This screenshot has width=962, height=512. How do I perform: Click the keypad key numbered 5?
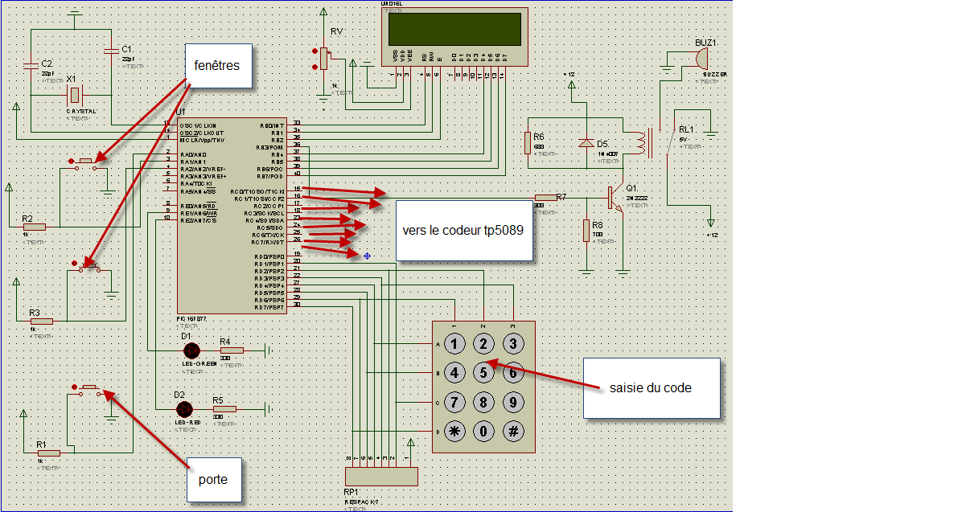tap(483, 373)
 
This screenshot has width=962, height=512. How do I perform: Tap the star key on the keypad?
tap(455, 431)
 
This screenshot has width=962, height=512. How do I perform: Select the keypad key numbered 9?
tap(512, 402)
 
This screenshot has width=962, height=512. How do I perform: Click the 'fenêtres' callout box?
tap(217, 65)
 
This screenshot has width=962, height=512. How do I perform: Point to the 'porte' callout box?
tap(212, 480)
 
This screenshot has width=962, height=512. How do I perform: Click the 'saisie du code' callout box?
tap(652, 388)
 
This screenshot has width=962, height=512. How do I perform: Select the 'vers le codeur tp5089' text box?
tap(464, 230)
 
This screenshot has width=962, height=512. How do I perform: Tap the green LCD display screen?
tap(458, 30)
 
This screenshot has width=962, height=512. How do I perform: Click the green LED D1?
tap(191, 350)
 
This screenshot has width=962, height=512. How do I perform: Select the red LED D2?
tap(183, 408)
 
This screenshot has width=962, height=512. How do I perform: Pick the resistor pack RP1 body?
tap(381, 476)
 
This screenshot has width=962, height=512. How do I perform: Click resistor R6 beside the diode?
tap(528, 143)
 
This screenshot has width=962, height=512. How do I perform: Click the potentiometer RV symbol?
tap(323, 59)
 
